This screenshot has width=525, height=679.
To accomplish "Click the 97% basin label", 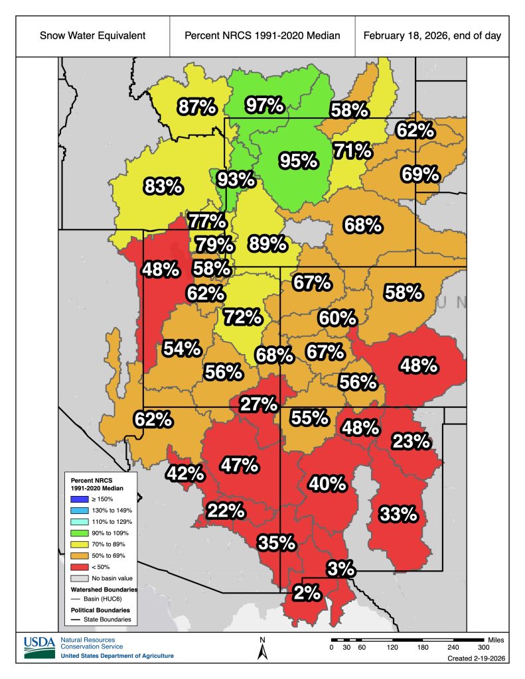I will tap(265, 105).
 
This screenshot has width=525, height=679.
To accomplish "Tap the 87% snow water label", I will tap(196, 106).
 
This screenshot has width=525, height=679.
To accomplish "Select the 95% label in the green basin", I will tap(298, 160).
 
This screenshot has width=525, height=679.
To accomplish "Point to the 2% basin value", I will tap(307, 593).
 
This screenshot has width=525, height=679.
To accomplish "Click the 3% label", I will tap(340, 568).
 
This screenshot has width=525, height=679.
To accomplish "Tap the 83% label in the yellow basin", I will tap(163, 187).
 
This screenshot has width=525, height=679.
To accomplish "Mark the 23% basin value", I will tap(412, 441).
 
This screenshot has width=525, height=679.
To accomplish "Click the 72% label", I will tap(242, 317).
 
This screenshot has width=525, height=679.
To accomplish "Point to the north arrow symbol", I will tap(263, 649).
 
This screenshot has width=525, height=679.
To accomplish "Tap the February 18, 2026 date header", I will tap(432, 34).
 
